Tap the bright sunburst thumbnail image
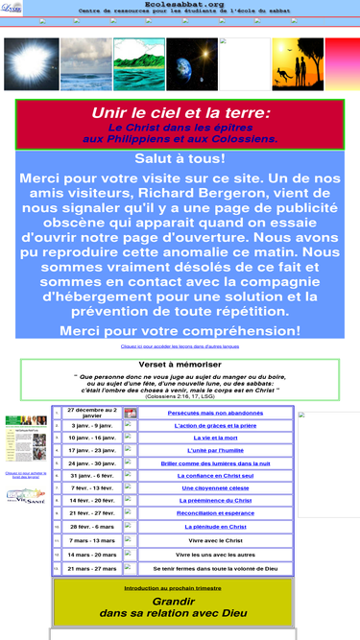(x=29, y=63)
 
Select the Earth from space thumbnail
(x=139, y=63)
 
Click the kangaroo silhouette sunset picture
(x=298, y=63)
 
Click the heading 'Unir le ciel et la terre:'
(x=180, y=113)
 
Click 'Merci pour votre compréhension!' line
(x=180, y=331)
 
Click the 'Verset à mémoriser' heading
(x=180, y=366)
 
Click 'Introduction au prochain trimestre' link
(x=180, y=588)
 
